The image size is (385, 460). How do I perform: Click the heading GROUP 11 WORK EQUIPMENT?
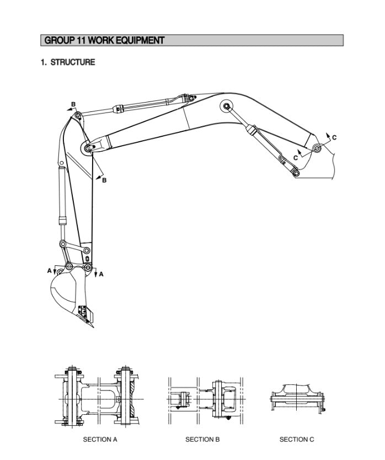point(104,40)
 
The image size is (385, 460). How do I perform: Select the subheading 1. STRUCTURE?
point(67,62)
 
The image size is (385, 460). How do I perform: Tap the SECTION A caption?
point(100,440)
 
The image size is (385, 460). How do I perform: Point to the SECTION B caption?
point(202,440)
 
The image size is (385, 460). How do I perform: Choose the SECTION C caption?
point(297,440)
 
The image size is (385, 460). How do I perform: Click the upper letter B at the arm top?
point(73,104)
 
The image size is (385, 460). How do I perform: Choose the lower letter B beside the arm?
point(104,180)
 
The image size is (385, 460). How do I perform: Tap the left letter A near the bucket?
point(49,270)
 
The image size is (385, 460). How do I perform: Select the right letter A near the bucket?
point(101,274)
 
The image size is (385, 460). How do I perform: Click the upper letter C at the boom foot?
point(334,137)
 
